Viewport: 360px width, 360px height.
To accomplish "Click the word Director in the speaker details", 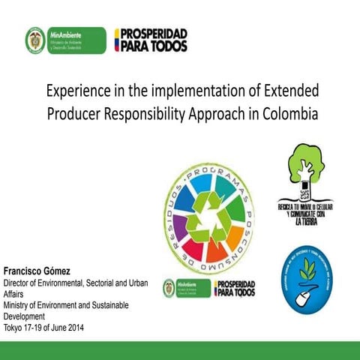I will pos(18,283).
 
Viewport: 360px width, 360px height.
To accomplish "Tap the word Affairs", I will pos(15,294).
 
